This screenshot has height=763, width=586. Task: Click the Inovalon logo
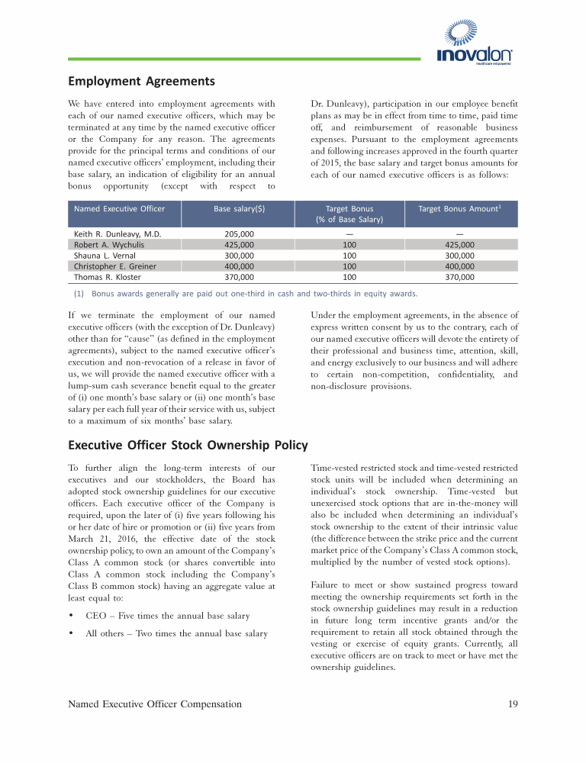pos(474,47)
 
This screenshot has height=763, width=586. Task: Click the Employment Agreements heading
pos(141,81)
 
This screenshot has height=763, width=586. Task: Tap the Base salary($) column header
pos(240,208)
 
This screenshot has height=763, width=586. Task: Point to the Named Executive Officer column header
pos(119,208)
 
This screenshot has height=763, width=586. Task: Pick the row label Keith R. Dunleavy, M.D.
pos(117,233)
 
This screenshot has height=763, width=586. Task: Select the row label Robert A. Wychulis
pos(109,245)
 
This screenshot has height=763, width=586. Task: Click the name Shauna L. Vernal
pos(105,256)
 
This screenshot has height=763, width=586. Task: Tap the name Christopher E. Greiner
pos(114,266)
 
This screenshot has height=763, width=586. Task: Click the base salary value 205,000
pos(240,233)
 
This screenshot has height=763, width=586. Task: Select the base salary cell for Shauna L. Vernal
pos(240,256)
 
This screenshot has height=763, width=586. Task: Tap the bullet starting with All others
pos(176,633)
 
